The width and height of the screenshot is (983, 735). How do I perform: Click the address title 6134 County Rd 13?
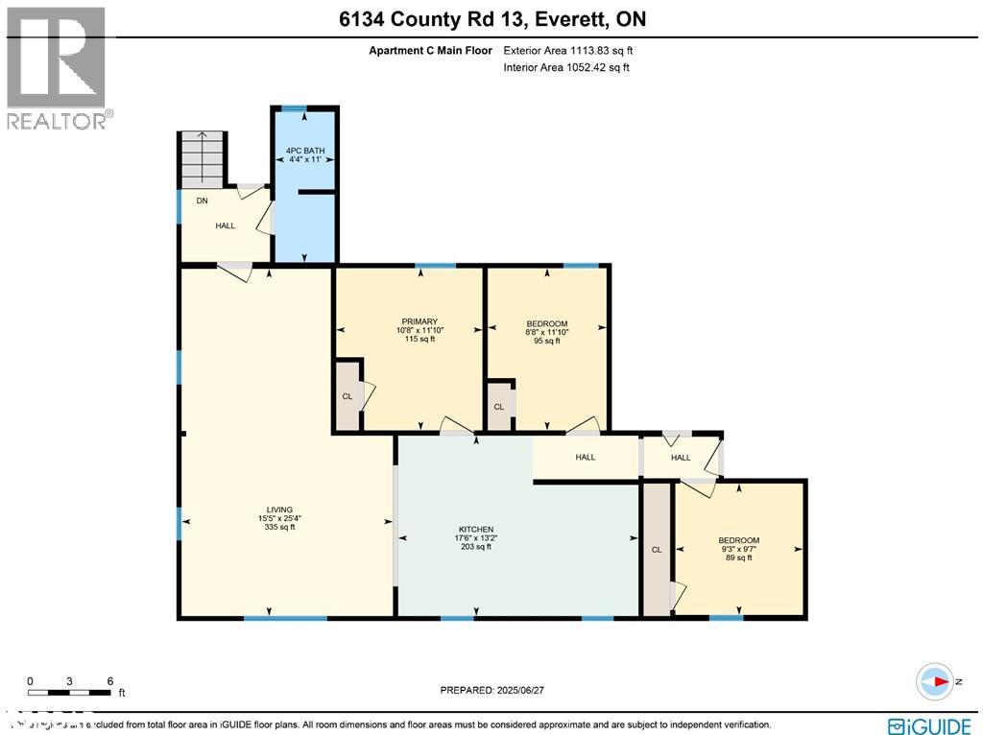click(491, 20)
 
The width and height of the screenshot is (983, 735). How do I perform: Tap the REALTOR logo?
click(59, 68)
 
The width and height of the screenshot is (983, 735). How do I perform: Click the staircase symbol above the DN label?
click(201, 158)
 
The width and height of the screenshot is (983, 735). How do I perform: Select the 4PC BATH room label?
click(304, 154)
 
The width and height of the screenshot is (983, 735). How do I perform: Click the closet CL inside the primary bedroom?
click(348, 395)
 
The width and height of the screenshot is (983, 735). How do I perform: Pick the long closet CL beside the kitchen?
click(657, 550)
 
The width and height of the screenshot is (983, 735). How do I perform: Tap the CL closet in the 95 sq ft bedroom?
click(498, 407)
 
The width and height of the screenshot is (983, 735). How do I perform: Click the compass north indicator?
click(935, 681)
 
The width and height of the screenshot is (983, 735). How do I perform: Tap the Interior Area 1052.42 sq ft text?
click(566, 67)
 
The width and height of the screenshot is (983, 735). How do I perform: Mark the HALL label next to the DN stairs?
click(225, 225)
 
